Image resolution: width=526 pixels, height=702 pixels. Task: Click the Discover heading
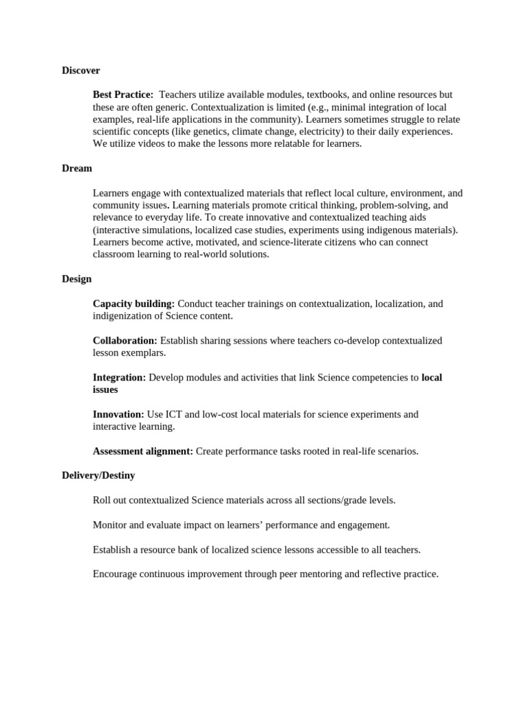(81, 71)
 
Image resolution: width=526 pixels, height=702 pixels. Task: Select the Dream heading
(77, 169)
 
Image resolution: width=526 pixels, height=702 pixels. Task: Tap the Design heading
(77, 279)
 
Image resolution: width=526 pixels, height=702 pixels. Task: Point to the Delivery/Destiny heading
(98, 475)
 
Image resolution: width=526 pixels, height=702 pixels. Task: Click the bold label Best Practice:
(123, 95)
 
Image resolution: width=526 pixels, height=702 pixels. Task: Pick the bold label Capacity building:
(134, 304)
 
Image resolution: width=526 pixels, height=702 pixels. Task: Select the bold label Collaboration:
(125, 341)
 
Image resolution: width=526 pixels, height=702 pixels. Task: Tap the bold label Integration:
(119, 378)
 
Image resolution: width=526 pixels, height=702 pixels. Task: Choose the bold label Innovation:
(118, 415)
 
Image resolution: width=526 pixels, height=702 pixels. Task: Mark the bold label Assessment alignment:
(143, 451)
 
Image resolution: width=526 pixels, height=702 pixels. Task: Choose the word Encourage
(116, 574)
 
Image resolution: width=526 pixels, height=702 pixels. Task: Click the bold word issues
(105, 390)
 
